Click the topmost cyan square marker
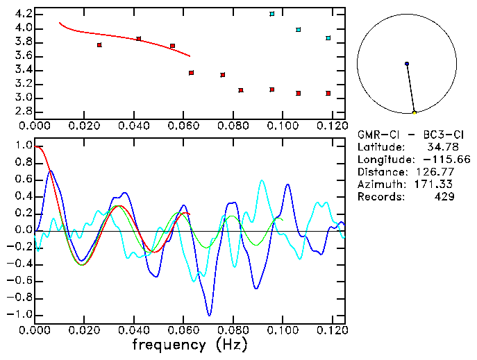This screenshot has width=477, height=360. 272,14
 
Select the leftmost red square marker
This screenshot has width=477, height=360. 99,45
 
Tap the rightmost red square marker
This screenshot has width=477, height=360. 328,93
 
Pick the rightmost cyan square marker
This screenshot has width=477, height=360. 328,38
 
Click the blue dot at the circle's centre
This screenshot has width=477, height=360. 407,64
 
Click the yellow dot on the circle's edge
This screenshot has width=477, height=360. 415,112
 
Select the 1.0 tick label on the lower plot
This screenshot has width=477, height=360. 24,146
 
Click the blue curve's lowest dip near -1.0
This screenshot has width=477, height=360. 208,315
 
